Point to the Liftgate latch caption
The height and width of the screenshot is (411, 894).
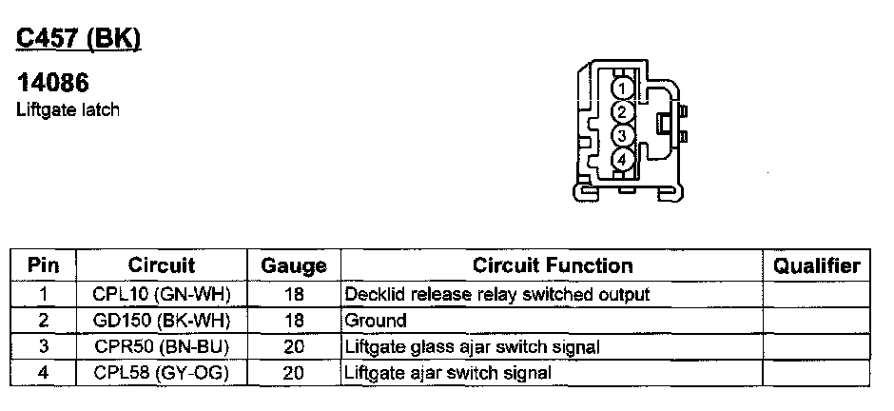pos(68,109)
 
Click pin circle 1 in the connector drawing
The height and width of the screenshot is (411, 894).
pos(622,88)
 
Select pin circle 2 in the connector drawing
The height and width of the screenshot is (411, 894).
pos(622,112)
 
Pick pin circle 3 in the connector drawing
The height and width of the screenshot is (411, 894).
pos(622,136)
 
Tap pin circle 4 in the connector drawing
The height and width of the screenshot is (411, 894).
pos(622,160)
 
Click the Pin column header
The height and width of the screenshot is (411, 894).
pos(44,265)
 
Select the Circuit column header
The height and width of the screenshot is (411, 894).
pos(162,265)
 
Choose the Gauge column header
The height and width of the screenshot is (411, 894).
pos(294,266)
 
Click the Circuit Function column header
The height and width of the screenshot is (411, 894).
pos(553,265)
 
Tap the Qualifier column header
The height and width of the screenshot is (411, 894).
pos(817,265)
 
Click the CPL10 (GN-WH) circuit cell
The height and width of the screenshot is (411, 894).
pos(162,294)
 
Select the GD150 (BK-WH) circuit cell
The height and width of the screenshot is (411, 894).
pos(162,321)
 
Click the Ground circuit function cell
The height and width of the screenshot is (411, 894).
pos(376,321)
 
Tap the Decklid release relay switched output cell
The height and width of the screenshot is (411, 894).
pos(497,294)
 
